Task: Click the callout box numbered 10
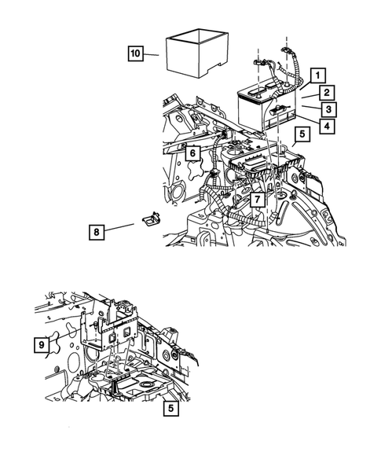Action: [135, 53]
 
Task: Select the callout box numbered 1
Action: [318, 75]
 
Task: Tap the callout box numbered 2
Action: [326, 93]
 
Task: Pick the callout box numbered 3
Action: [329, 109]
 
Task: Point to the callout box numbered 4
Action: [327, 126]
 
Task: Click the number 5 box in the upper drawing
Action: [302, 134]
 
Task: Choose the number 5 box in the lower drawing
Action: [171, 409]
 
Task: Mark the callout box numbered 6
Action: [192, 153]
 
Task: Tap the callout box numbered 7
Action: [258, 200]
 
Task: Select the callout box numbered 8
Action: [97, 232]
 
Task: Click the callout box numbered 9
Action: [42, 344]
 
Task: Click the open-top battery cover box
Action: [197, 53]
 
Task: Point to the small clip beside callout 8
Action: [152, 219]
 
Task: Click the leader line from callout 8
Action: [119, 227]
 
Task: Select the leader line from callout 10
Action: [151, 54]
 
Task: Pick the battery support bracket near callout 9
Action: [109, 326]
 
